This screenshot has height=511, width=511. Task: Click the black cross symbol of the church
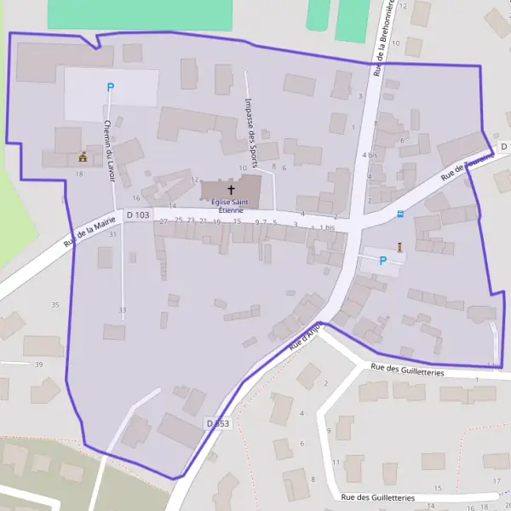[230, 189]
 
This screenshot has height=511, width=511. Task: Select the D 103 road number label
[138, 215]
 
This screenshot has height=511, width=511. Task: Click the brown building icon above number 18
[83, 157]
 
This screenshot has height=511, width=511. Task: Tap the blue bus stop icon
[400, 215]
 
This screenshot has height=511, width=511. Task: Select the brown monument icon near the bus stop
[398, 247]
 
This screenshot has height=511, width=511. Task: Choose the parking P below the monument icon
[382, 261]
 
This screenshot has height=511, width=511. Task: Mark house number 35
[55, 305]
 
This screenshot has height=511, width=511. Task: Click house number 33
[123, 310]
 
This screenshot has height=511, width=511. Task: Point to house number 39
[38, 365]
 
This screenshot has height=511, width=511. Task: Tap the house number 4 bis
[370, 156]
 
